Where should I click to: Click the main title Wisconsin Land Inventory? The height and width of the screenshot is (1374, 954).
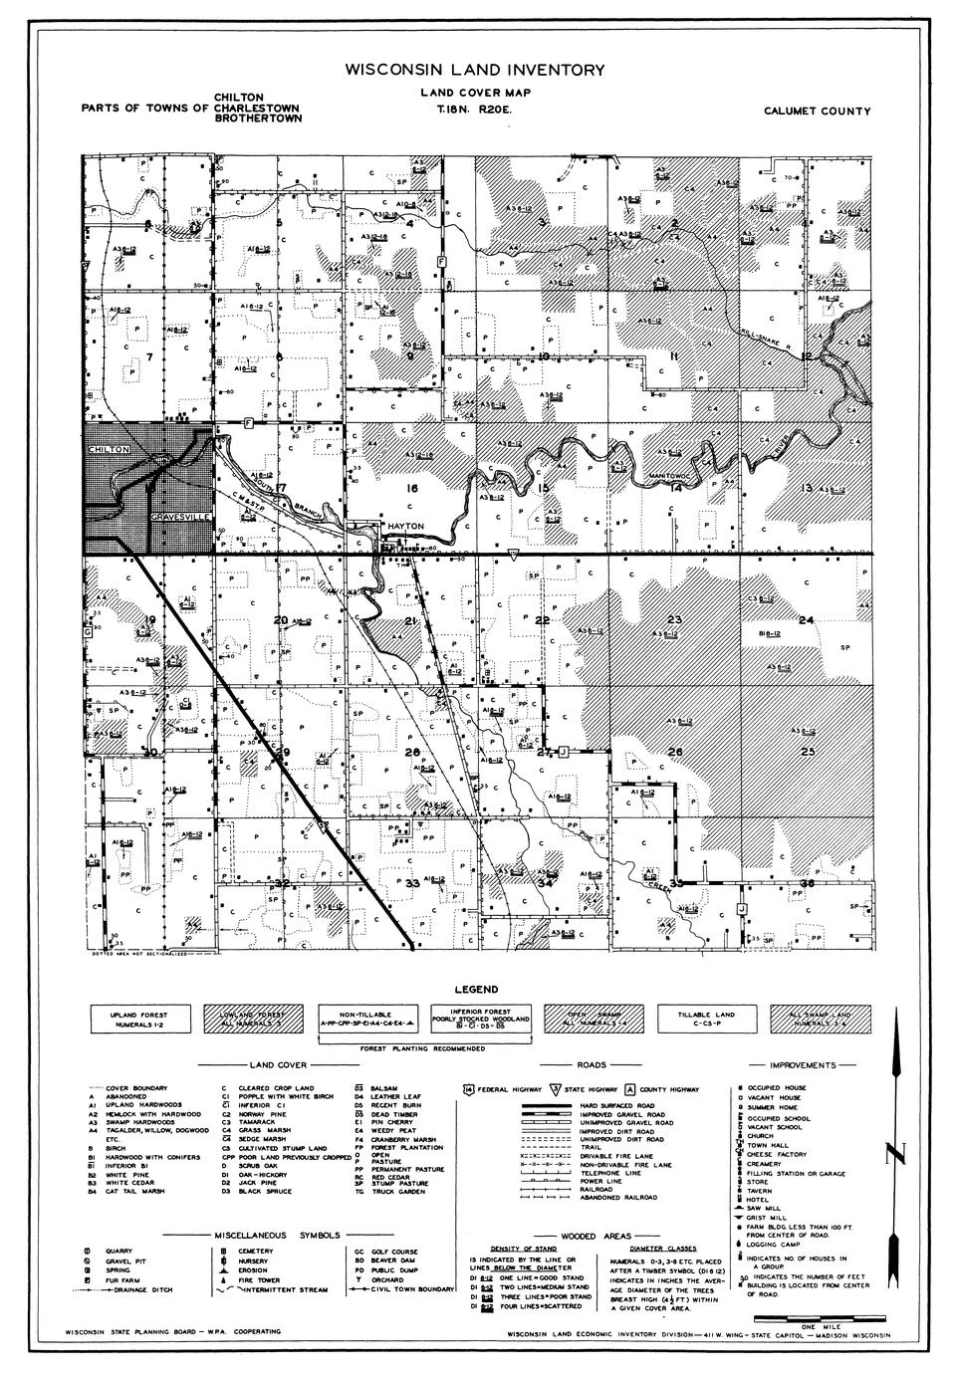(x=475, y=71)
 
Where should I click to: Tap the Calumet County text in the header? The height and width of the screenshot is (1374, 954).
(x=818, y=112)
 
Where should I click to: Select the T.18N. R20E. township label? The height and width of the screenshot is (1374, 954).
(x=466, y=111)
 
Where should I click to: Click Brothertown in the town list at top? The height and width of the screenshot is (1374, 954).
(x=257, y=117)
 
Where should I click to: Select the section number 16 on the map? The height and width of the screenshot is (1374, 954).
(x=412, y=488)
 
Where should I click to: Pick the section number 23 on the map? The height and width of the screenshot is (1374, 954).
(x=674, y=619)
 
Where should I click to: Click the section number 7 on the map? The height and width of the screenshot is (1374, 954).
(x=149, y=356)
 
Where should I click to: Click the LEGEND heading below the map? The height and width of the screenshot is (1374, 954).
(x=477, y=991)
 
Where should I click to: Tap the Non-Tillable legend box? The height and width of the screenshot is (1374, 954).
(x=360, y=1019)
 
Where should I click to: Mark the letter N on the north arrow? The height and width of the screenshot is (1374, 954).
(x=898, y=1156)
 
